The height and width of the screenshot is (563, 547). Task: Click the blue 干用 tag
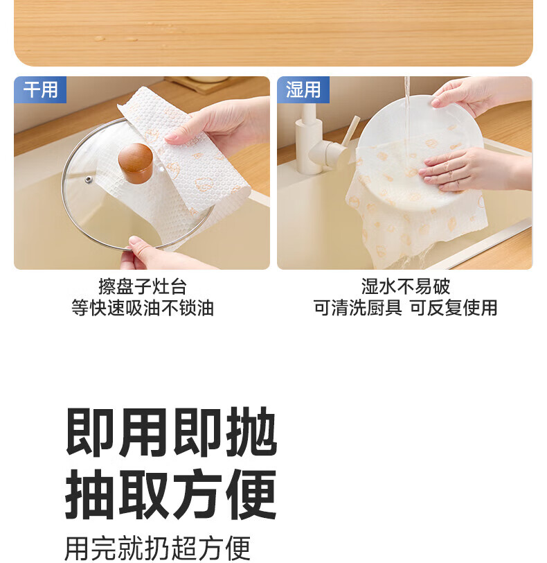click(x=40, y=89)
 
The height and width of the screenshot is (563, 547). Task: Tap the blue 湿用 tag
click(x=303, y=89)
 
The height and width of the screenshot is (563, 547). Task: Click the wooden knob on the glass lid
click(x=136, y=164)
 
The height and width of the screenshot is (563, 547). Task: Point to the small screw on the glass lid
click(x=88, y=179)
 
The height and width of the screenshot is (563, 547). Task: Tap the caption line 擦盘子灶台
click(x=143, y=286)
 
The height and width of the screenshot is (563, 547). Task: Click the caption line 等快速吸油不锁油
click(x=143, y=308)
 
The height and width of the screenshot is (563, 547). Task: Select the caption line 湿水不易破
click(x=406, y=286)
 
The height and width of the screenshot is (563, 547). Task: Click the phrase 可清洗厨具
click(x=358, y=308)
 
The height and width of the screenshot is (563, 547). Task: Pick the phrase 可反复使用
click(x=454, y=308)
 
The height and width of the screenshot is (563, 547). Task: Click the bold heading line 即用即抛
click(x=171, y=433)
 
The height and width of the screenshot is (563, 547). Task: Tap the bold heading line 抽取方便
click(x=171, y=494)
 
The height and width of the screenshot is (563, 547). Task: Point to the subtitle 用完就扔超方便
click(x=158, y=548)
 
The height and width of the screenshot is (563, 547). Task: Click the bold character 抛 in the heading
click(x=252, y=433)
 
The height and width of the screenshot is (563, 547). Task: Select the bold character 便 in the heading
click(x=252, y=494)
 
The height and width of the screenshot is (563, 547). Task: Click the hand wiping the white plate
click(x=473, y=168)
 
